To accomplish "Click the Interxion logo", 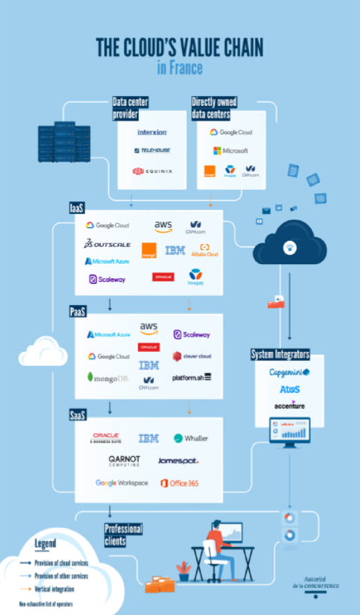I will [x=152, y=132].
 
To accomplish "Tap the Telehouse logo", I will [x=152, y=151].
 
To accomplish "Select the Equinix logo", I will [x=152, y=171].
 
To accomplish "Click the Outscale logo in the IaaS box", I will [x=108, y=244].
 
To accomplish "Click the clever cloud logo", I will [x=192, y=356].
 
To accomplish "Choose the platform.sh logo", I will [x=192, y=377].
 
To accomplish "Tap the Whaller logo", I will [x=191, y=438].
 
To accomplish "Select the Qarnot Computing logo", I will [x=124, y=461].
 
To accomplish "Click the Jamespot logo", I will [x=178, y=461].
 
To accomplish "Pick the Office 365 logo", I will [x=179, y=483].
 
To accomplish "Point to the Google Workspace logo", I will [x=121, y=483].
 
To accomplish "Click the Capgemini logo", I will [x=289, y=372].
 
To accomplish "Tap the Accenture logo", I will [x=289, y=405].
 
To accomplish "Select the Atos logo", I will [x=289, y=389].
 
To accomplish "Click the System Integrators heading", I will [x=280, y=354].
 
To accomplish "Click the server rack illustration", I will [x=64, y=143].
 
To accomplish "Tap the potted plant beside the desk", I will [x=184, y=571].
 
